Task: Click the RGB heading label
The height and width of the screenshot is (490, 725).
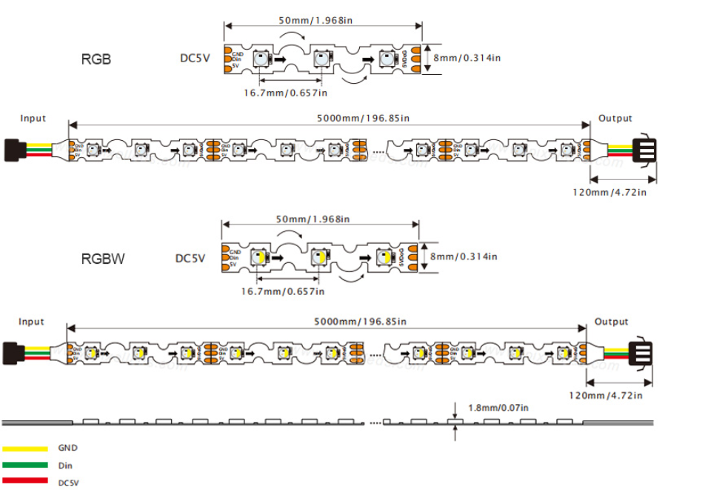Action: [x=96, y=59]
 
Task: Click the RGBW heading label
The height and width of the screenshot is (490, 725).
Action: [x=103, y=259]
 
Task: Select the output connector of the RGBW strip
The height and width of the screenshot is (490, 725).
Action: [x=641, y=351]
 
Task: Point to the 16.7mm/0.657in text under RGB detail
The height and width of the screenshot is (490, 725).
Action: [x=286, y=93]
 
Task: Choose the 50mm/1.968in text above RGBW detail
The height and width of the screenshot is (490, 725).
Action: [x=313, y=219]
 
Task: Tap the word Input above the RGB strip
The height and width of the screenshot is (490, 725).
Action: [x=33, y=119]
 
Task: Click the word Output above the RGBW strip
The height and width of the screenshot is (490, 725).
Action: [x=611, y=322]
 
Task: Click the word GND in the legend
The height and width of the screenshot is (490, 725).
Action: [x=67, y=448]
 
